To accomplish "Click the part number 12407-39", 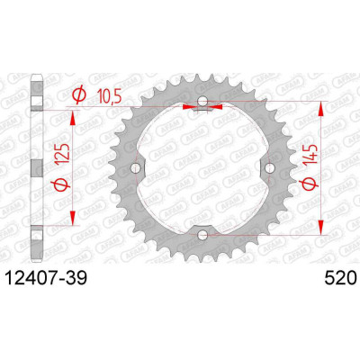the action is click(x=47, y=278).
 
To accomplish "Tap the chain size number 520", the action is click(x=339, y=278).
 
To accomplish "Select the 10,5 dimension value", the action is click(x=108, y=96).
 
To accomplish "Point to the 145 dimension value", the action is click(x=310, y=155).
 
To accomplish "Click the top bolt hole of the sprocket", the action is click(x=202, y=101).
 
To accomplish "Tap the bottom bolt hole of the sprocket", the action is click(x=202, y=235).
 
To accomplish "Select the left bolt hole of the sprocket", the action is click(x=136, y=168).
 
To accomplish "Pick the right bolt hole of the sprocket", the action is click(x=270, y=168).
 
